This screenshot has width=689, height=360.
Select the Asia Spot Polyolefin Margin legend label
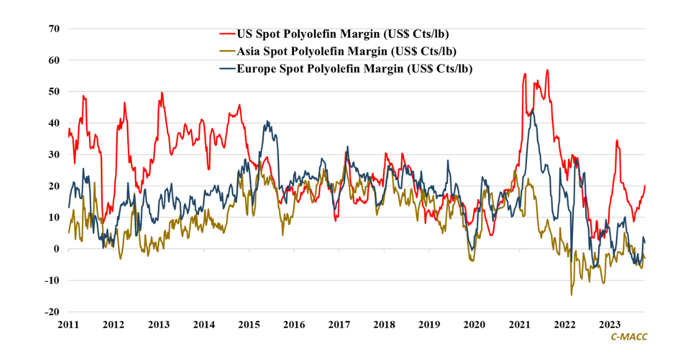[347, 51]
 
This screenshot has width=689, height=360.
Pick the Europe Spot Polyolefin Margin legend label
[358, 69]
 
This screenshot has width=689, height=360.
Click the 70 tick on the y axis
[54, 28]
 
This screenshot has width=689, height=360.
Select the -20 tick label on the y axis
[52, 312]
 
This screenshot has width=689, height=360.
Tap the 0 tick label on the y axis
[56, 249]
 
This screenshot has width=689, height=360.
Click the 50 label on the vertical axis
[54, 91]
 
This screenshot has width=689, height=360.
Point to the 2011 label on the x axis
[68, 325]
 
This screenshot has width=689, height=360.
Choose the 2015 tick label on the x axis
[249, 325]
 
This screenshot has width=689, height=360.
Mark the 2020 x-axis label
[475, 325]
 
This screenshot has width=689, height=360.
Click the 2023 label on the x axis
[610, 325]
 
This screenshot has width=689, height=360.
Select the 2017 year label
[339, 325]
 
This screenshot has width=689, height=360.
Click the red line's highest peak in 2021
[548, 70]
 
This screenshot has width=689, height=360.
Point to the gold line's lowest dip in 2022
[571, 295]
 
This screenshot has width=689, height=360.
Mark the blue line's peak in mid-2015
[267, 121]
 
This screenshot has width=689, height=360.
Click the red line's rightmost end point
[645, 185]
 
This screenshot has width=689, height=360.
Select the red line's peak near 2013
[162, 92]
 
